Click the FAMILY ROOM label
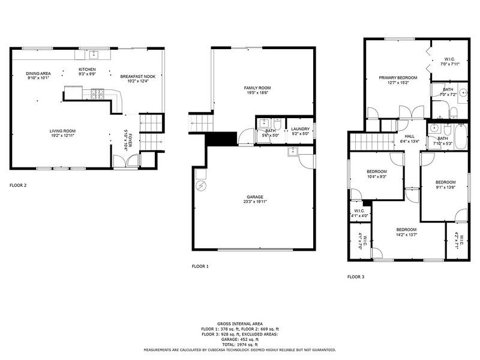(257, 88)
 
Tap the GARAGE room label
(255, 197)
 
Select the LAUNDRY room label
(301, 129)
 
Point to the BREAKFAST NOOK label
(138, 76)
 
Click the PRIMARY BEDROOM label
(398, 78)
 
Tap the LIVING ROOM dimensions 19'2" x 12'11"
(63, 136)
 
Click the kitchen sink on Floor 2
(94, 55)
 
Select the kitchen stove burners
(98, 94)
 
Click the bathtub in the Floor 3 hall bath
(460, 137)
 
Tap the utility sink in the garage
(293, 151)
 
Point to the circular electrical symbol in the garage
(202, 185)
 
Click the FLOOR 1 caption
(200, 266)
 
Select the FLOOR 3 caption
(356, 277)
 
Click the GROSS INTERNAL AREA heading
(240, 324)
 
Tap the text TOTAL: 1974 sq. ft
(240, 344)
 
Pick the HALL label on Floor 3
(409, 136)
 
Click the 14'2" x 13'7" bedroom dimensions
(406, 235)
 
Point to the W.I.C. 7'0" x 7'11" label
(449, 62)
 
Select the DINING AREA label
(38, 73)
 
